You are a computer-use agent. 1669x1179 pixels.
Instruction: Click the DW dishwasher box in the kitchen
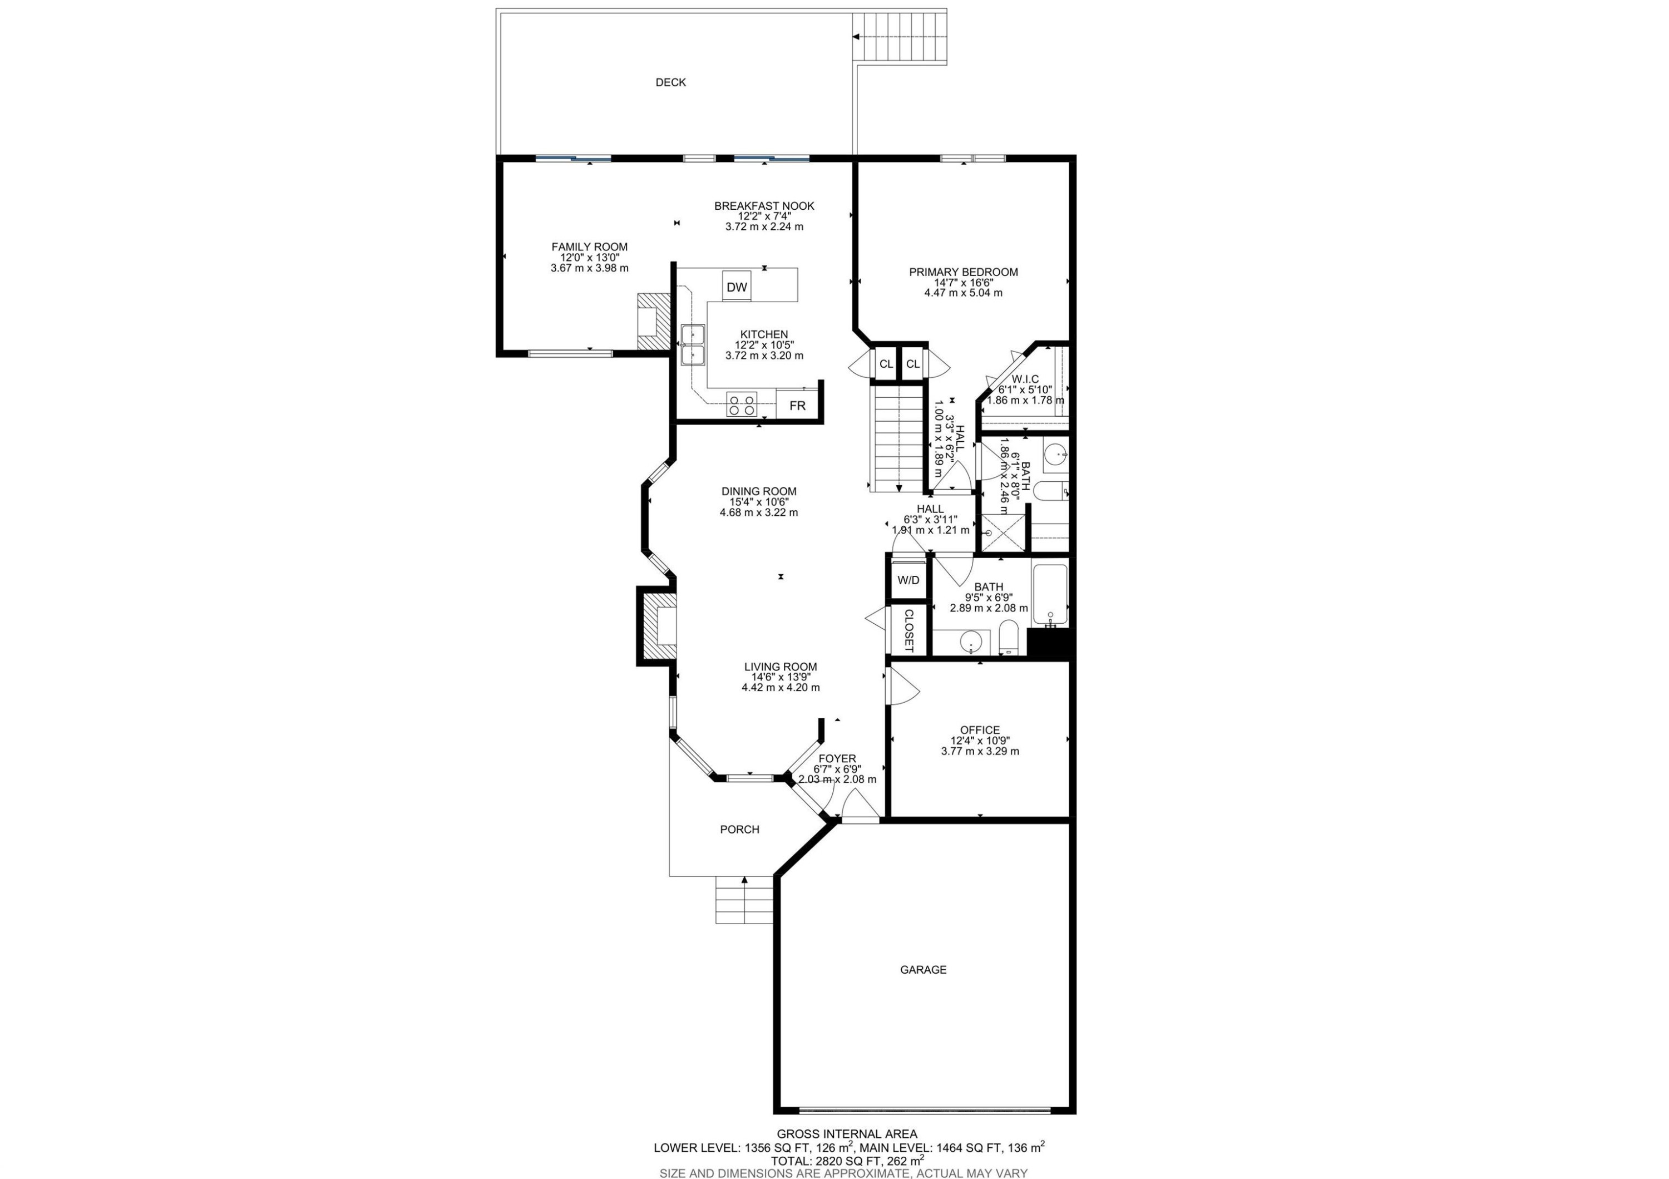[x=737, y=287]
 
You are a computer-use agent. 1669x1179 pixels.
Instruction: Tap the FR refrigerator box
[x=797, y=406]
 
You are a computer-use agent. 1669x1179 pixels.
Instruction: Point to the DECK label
[x=670, y=82]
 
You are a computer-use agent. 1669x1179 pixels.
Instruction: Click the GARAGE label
[x=923, y=970]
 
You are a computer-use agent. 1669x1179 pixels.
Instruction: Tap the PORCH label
[x=739, y=830]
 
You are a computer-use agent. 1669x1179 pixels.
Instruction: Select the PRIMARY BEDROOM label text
[x=963, y=272]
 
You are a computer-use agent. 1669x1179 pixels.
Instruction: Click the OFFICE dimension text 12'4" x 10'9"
[x=980, y=741]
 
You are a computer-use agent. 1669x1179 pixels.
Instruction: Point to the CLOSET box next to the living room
[x=908, y=629]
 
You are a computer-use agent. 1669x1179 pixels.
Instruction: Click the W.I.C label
[x=1025, y=379]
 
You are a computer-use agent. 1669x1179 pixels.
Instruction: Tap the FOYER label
[x=837, y=758]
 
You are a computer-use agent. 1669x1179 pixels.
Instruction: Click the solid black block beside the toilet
[x=1048, y=644]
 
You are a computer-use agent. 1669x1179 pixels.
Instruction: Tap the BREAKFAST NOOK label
[x=764, y=206]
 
